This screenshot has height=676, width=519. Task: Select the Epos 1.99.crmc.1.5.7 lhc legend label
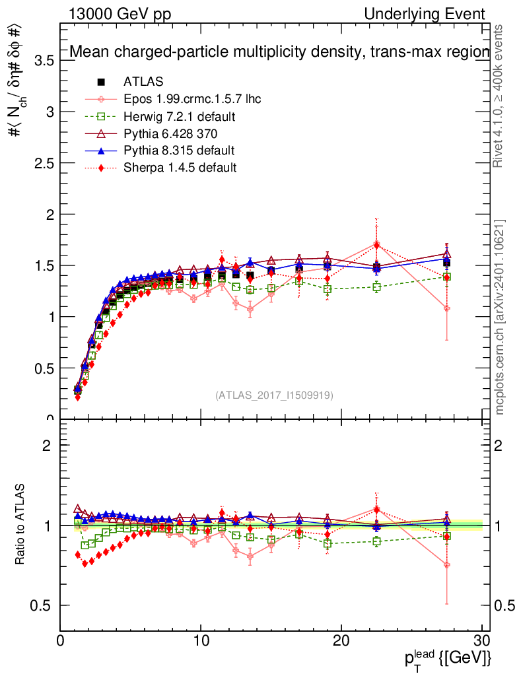[192, 100]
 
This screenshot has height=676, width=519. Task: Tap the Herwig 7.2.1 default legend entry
[180, 117]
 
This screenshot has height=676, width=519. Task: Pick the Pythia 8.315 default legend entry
[179, 151]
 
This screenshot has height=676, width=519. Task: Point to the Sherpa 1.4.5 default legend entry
[180, 168]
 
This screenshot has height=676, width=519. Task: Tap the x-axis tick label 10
[201, 641]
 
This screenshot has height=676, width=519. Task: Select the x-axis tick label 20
[341, 641]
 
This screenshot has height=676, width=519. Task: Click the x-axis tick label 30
[482, 641]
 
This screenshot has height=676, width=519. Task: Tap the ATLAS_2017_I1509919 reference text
[274, 395]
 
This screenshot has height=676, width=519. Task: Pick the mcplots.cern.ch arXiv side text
[501, 318]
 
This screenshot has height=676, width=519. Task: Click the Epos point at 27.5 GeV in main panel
[447, 308]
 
